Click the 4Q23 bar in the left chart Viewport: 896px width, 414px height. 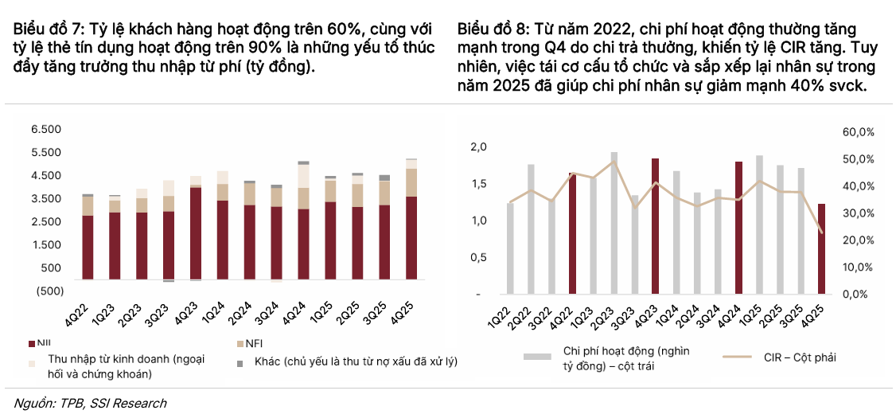point(196,233)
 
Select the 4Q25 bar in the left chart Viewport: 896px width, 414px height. point(411,237)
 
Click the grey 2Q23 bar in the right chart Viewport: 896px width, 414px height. point(614,223)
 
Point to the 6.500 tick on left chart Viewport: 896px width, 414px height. point(45,129)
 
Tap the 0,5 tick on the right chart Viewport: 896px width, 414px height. point(477,257)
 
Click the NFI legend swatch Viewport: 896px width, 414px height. point(240,343)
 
